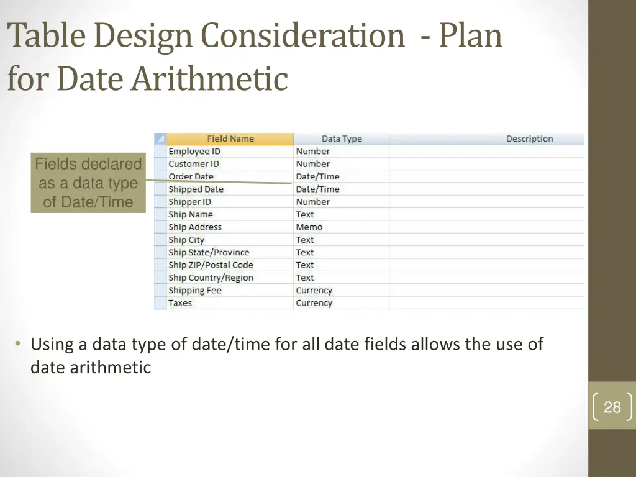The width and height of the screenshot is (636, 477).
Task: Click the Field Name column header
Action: [230, 139]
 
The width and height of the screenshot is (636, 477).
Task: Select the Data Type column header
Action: [342, 139]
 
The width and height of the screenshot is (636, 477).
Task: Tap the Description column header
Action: [529, 139]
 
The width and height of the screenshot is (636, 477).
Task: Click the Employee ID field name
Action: [194, 152]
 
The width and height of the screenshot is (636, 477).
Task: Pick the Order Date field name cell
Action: [191, 176]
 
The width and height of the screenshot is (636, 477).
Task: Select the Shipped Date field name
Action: [196, 189]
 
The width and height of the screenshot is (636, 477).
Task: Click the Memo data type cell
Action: [309, 227]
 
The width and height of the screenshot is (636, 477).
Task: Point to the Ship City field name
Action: [186, 240]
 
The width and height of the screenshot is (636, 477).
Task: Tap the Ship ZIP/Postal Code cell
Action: [211, 265]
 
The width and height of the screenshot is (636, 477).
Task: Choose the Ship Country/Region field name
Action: [211, 278]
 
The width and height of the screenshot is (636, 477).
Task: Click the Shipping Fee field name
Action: [195, 291]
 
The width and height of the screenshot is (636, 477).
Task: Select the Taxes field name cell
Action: [180, 303]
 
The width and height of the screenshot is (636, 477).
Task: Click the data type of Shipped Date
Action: [318, 189]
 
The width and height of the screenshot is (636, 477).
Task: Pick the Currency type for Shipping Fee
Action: [314, 291]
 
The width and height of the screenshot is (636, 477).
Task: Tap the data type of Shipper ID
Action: [313, 202]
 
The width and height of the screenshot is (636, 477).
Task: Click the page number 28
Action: [612, 407]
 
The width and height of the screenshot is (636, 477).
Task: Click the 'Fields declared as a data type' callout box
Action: [88, 183]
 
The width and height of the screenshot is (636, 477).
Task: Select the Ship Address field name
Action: [195, 227]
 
